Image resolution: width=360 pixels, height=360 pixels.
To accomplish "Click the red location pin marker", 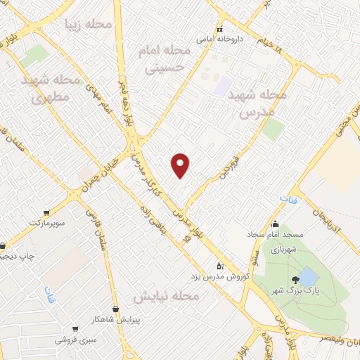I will (x=181, y=165).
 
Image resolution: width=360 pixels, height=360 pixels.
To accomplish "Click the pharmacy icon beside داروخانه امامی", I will (x=219, y=30).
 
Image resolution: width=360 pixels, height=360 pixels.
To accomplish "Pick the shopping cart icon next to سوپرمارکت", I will (x=46, y=212).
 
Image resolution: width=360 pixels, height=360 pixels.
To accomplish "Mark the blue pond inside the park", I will (x=307, y=276).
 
